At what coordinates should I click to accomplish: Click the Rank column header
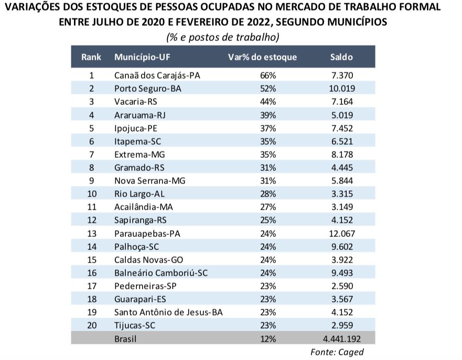(x=91, y=57)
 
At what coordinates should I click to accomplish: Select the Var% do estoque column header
(x=262, y=57)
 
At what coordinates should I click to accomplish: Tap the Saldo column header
(x=341, y=57)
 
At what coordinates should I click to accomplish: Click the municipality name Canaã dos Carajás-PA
(x=157, y=75)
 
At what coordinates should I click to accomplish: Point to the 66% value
(x=268, y=75)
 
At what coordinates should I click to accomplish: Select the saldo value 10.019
(x=341, y=89)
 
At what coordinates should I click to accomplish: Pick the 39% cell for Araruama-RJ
(x=268, y=115)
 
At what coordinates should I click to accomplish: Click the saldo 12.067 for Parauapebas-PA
(x=341, y=233)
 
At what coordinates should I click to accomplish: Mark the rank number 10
(x=91, y=194)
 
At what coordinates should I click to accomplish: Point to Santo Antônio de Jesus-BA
(x=168, y=312)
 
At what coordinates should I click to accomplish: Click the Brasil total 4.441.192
(x=341, y=339)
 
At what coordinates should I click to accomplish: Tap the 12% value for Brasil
(x=268, y=339)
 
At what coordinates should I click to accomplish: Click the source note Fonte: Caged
(x=337, y=352)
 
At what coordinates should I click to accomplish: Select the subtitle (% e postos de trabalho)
(x=222, y=37)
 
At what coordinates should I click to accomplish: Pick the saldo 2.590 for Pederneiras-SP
(x=341, y=286)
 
